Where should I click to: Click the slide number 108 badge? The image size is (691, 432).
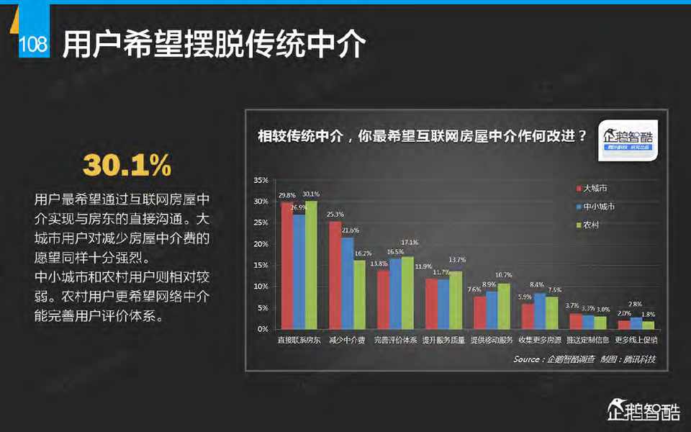33,45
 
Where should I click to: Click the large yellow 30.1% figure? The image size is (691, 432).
127,166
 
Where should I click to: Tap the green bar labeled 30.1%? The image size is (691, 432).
311,265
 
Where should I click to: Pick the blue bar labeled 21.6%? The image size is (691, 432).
347,283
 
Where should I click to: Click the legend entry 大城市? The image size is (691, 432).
595,188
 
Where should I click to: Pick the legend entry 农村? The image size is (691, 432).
591,225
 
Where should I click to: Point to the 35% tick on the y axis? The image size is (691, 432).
261,180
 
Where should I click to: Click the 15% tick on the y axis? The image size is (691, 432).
261,265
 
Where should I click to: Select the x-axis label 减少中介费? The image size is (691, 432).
346,339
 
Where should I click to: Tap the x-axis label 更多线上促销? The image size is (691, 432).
636,339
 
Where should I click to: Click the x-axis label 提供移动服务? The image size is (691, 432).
492,339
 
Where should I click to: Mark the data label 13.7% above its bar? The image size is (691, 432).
457,259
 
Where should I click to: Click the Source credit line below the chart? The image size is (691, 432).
584,359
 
